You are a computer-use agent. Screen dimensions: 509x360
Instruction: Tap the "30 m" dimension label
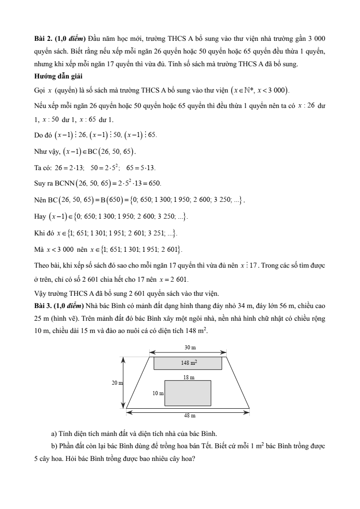(x=188, y=347)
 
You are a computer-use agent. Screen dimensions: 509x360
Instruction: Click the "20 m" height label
(x=117, y=383)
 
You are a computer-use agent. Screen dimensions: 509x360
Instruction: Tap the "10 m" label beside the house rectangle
(x=158, y=393)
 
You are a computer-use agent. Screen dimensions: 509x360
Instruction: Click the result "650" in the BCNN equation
(x=154, y=183)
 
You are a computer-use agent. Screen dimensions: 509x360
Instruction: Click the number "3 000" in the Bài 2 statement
(x=316, y=37)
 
